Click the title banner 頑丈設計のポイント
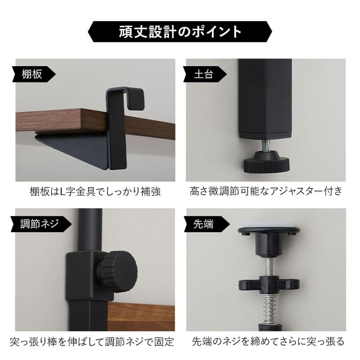(x=180, y=32)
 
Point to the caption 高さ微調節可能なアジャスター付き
(x=266, y=191)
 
